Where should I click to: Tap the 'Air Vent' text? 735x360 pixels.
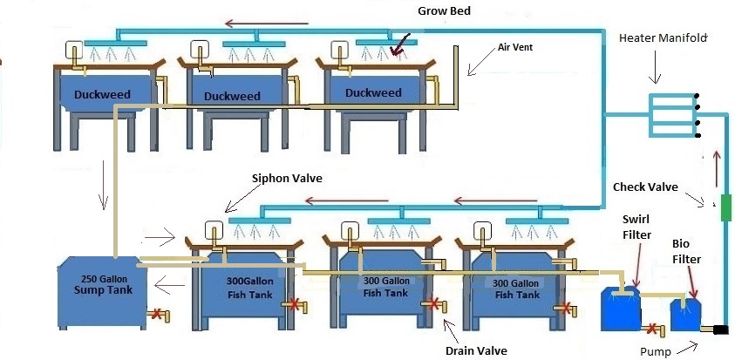(514, 48)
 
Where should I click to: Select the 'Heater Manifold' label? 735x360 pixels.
(662, 37)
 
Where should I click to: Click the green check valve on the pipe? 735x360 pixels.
(725, 208)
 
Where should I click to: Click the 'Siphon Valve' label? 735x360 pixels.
(287, 178)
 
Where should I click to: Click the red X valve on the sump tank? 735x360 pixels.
(156, 314)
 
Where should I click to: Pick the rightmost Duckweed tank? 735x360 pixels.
(373, 92)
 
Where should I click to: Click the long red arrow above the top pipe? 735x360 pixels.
(261, 24)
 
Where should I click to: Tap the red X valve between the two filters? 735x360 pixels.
(650, 329)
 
